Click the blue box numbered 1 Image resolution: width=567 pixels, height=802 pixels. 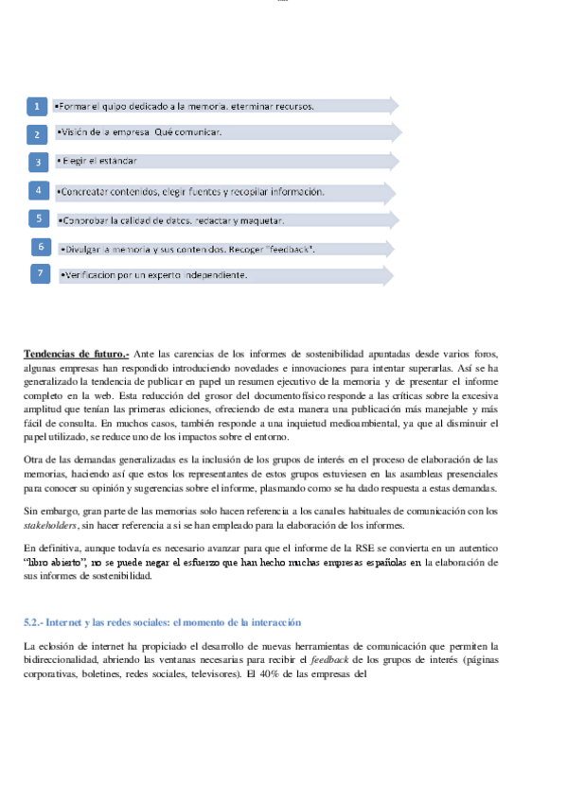(36, 106)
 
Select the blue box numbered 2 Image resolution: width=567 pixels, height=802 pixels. (36, 133)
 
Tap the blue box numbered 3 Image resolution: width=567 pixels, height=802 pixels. (36, 162)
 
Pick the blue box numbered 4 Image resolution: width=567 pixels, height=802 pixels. (38, 190)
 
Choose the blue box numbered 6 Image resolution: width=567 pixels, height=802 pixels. (41, 247)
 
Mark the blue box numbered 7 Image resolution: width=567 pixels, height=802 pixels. (41, 274)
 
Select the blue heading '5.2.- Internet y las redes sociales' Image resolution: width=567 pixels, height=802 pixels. (162, 622)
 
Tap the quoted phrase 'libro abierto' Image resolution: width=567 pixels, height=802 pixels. (55, 562)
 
